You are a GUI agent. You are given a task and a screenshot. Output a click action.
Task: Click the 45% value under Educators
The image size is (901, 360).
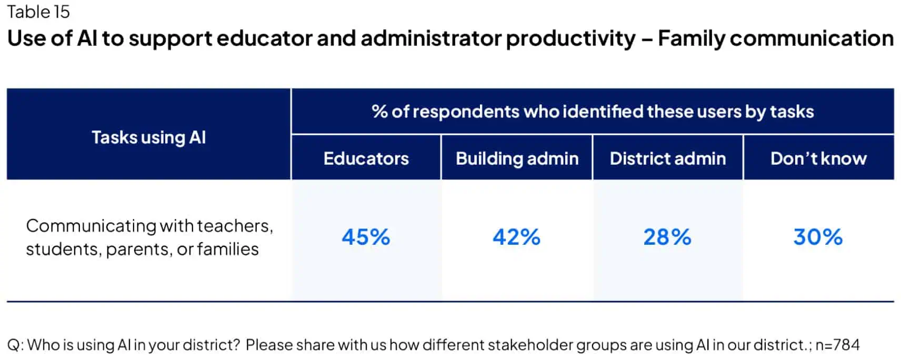366,237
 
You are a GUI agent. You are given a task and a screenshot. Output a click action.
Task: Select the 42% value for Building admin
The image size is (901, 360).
516,237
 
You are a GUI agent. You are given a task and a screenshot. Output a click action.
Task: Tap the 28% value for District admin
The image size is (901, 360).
667,237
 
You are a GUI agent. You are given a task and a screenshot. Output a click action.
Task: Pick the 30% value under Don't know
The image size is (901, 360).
818,237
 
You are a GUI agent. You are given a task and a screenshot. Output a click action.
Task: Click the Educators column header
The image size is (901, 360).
366,158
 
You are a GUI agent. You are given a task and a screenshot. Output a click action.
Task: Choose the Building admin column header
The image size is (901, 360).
517,158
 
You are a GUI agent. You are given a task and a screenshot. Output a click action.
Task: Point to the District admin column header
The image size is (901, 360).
667,158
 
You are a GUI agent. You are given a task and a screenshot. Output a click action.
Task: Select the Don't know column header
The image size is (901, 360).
818,158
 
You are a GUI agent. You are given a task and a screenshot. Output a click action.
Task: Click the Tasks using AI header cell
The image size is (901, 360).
148,137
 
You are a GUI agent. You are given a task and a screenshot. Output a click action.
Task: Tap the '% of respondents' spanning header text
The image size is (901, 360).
593,112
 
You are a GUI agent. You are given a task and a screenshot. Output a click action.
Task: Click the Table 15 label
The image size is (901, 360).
38,12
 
